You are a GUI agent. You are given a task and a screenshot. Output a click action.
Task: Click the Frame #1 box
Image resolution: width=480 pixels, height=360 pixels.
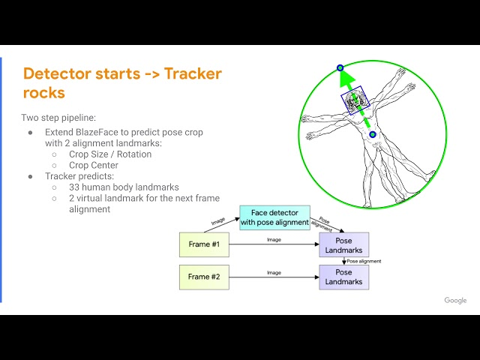tap(204, 244)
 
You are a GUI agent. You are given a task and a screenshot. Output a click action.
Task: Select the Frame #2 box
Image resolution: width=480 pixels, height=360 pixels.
tap(204, 277)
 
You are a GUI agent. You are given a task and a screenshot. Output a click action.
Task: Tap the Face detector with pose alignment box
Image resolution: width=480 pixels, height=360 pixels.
tap(274, 217)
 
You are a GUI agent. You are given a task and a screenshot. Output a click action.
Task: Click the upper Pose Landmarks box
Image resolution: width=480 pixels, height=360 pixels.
tap(343, 244)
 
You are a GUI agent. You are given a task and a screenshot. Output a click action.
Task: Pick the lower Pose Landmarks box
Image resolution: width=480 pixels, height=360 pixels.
tap(343, 277)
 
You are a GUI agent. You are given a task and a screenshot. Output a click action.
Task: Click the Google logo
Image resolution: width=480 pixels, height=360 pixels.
tap(455, 301)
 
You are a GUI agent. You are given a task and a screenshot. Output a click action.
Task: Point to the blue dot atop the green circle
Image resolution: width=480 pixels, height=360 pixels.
tap(340, 67)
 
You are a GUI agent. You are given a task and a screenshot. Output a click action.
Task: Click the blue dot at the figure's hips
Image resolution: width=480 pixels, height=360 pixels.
tap(373, 135)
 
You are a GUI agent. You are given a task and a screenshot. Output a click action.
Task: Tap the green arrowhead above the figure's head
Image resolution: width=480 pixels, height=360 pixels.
tap(344, 77)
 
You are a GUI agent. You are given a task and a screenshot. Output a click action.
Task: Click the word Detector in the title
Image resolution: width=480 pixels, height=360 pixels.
tap(57, 73)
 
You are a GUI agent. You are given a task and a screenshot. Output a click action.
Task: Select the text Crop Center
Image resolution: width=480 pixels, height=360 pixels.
tap(94, 165)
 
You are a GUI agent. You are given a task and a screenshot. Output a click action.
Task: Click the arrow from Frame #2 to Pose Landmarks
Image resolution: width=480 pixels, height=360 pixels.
tap(274, 277)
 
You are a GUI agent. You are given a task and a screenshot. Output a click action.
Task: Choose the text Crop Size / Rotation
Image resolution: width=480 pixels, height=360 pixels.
tap(110, 154)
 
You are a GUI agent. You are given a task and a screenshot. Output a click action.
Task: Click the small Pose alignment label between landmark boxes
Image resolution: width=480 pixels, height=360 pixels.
tap(364, 261)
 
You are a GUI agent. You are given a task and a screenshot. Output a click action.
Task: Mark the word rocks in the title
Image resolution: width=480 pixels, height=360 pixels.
tap(43, 92)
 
